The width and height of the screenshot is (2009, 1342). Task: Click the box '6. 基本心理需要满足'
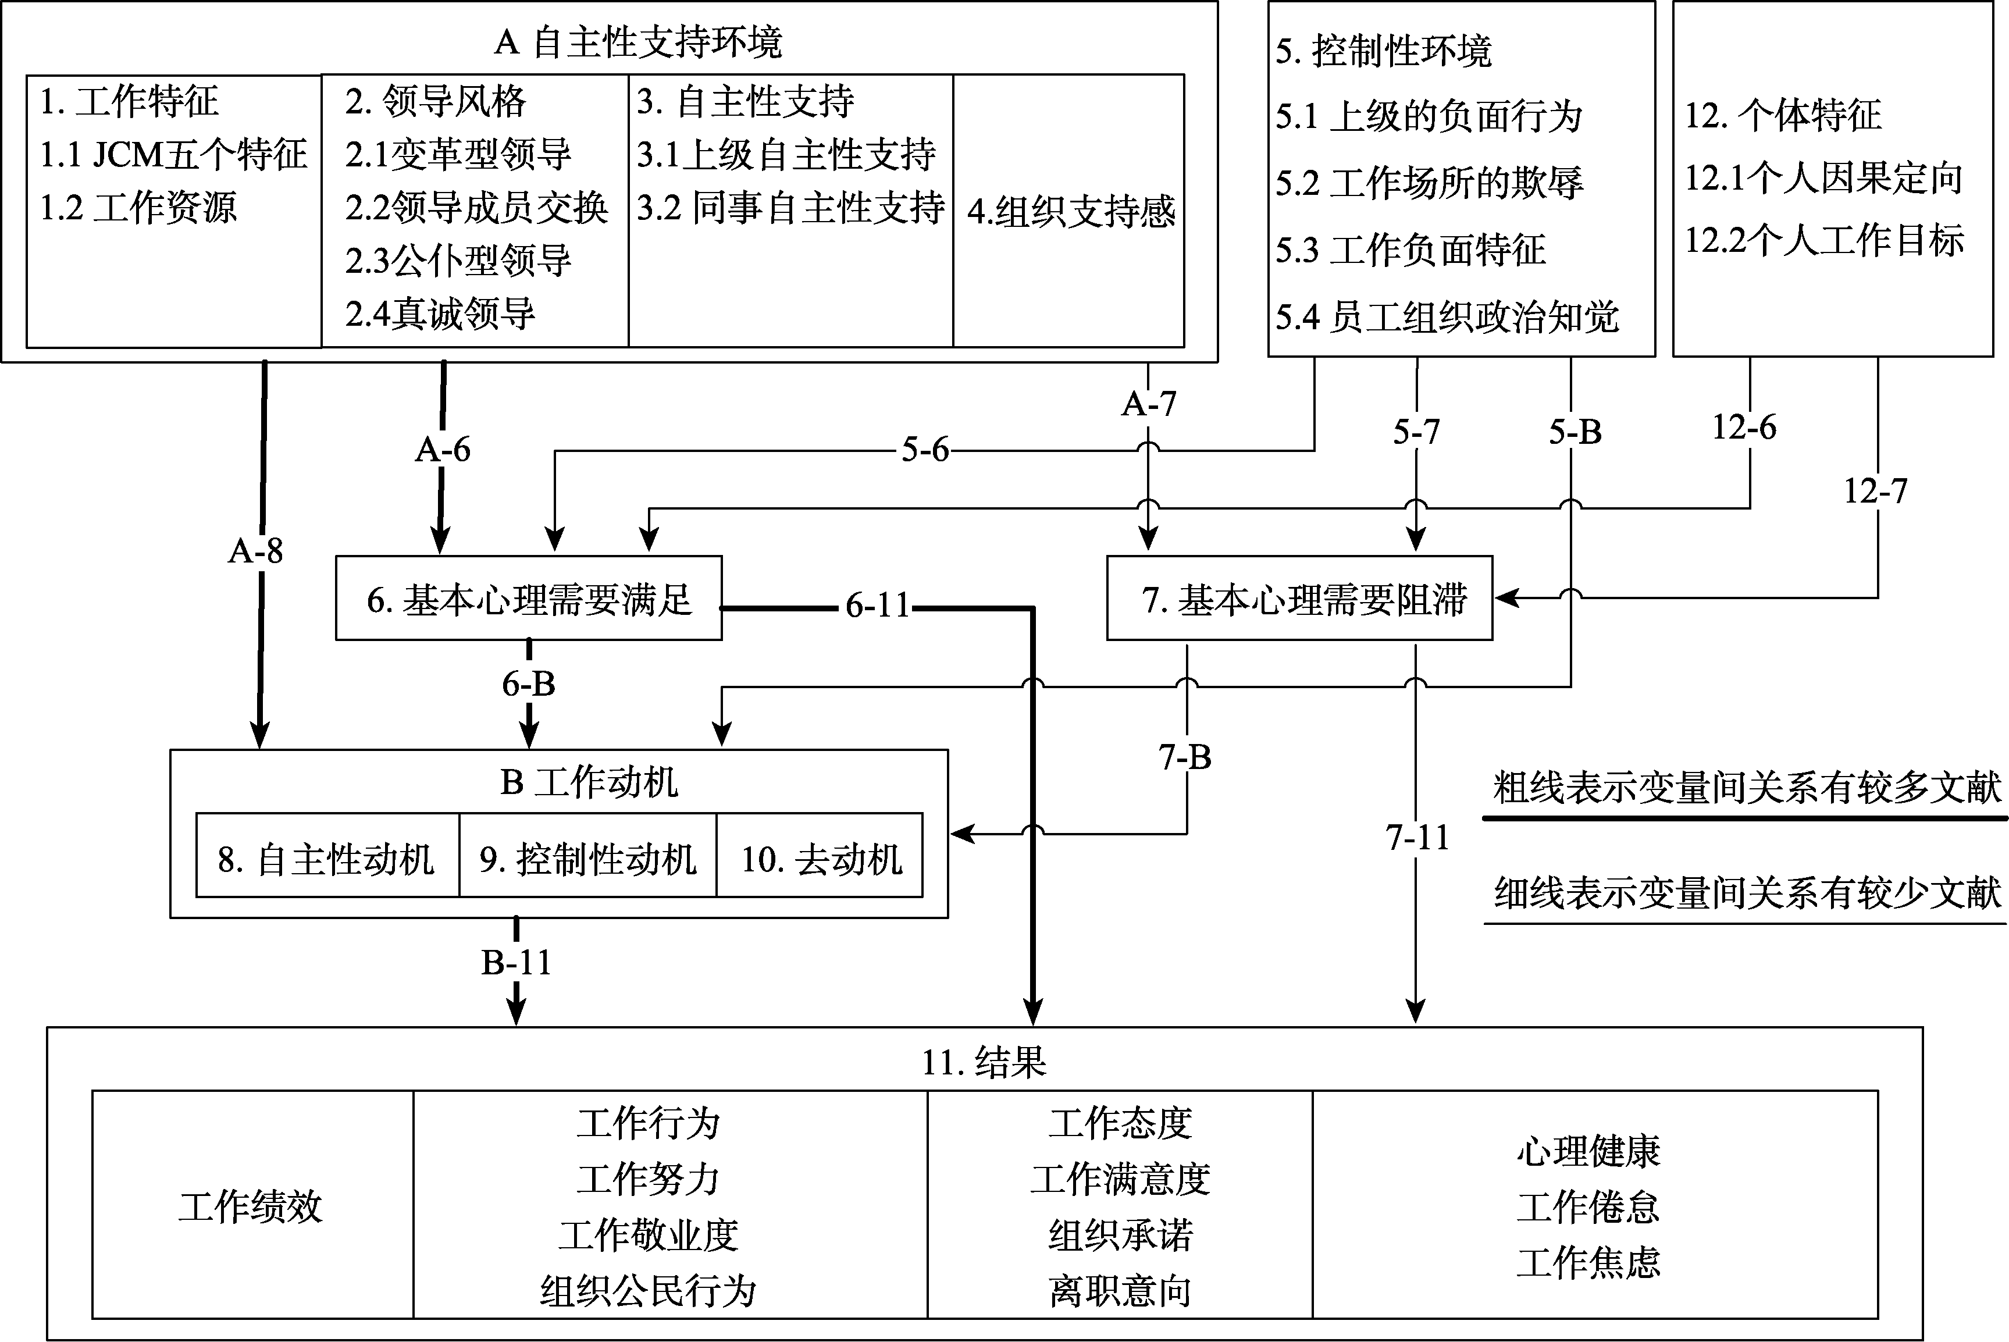pos(529,599)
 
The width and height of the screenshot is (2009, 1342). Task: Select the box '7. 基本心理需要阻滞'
pos(1300,599)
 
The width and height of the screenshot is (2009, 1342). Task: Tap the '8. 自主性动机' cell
pos(327,859)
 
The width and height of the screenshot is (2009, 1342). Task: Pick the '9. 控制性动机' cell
pos(588,859)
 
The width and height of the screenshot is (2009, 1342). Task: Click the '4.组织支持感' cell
pos(1070,211)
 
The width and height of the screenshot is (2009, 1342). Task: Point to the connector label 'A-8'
pos(256,551)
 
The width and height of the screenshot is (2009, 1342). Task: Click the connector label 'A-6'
pos(443,449)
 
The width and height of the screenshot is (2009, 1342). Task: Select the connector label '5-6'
pos(925,449)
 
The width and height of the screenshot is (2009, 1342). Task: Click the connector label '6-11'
pos(878,606)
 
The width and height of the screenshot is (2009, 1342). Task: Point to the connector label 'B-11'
pos(516,963)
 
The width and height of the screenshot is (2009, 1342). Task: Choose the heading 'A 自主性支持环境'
pos(638,42)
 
